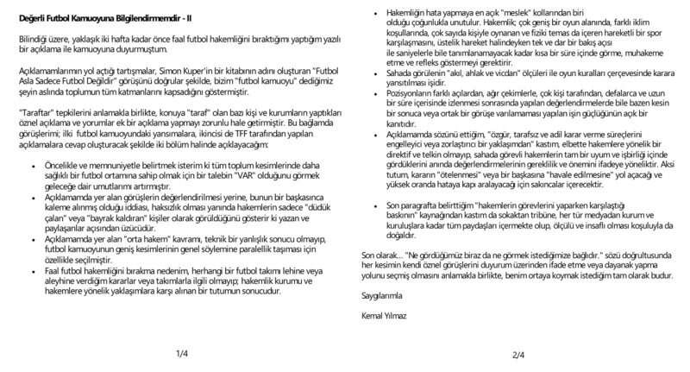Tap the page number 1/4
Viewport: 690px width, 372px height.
coord(181,354)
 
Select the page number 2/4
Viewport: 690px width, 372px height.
coord(517,354)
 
